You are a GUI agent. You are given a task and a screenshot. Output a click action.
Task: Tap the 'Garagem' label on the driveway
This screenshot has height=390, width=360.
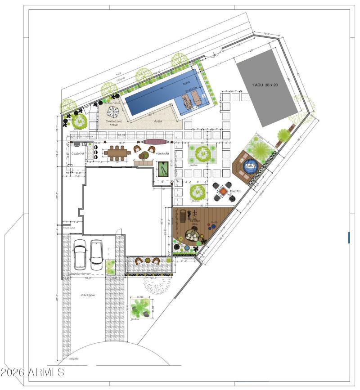tap(88, 295)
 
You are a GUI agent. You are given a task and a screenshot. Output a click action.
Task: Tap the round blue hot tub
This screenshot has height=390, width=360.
tap(250, 166)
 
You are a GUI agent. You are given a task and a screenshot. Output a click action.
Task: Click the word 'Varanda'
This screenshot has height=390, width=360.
tap(162, 153)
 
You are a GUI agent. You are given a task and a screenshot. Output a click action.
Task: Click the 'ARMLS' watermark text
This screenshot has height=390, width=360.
tap(33, 372)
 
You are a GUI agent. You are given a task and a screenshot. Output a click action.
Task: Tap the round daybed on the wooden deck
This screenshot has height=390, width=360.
tap(194, 235)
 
